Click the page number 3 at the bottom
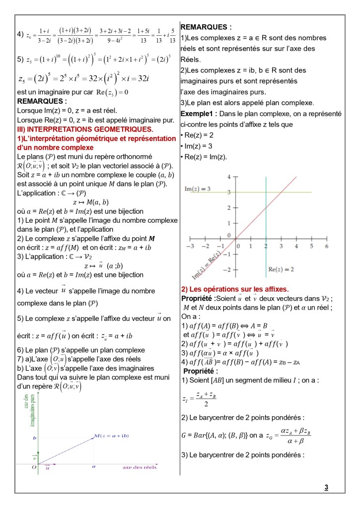point(326,488)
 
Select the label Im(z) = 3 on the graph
point(198,189)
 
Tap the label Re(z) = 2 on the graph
point(281,269)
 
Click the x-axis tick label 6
point(327,246)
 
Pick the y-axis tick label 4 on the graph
point(229,177)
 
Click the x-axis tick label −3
point(190,246)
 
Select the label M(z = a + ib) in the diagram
point(111,436)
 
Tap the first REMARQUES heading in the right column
point(206,27)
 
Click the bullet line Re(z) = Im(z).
point(205,157)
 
